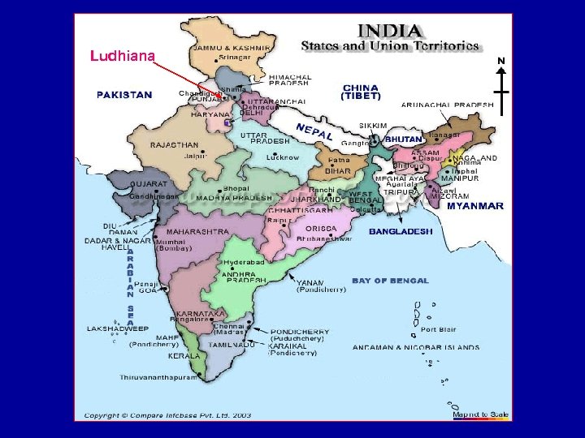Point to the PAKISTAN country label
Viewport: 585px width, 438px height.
(124, 95)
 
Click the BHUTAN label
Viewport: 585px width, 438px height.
(403, 140)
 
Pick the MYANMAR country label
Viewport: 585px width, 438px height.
(474, 206)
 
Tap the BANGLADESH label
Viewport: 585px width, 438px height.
(401, 231)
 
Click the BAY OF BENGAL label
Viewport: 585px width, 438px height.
(390, 281)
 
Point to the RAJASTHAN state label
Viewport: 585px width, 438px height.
(174, 145)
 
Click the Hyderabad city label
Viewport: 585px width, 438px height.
(245, 264)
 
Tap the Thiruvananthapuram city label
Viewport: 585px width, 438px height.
(158, 377)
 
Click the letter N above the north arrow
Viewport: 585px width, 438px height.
(501, 61)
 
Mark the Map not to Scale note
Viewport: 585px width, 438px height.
(480, 414)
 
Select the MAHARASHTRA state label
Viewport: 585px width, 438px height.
(197, 231)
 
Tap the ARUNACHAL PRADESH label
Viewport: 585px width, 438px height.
(447, 105)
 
